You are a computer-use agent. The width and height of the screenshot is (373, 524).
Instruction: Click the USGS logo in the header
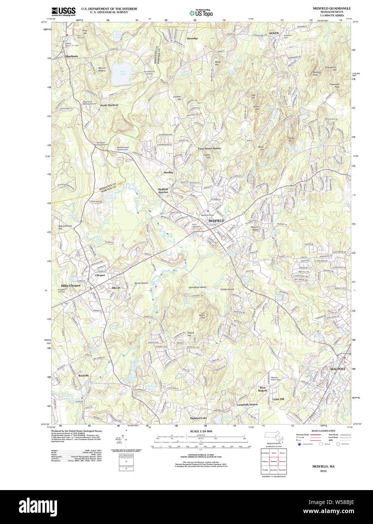[63, 11]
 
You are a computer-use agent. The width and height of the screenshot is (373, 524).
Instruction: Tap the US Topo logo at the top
[201, 13]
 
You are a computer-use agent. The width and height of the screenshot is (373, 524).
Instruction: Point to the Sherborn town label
[71, 56]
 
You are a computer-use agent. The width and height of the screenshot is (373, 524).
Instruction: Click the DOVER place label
[274, 33]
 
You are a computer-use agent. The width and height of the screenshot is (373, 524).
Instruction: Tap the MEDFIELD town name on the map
[216, 221]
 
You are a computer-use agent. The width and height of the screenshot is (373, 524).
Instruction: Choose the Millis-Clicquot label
[71, 286]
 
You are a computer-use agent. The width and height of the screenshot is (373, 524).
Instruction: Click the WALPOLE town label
[338, 369]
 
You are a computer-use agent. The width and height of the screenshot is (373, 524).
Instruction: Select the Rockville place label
[83, 375]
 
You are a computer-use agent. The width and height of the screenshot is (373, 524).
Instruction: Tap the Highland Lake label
[198, 418]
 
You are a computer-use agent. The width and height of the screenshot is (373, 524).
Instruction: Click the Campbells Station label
[247, 404]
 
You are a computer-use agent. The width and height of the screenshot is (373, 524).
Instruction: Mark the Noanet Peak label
[317, 73]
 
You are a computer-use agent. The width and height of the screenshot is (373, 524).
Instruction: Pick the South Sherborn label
[109, 105]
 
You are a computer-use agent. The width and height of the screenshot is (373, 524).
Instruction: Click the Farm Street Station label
[209, 149]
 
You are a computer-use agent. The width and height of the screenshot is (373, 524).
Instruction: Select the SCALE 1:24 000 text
[201, 431]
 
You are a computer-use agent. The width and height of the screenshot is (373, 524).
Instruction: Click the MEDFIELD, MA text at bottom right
[323, 466]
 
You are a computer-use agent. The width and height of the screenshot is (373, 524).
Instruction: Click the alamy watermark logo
[42, 507]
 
